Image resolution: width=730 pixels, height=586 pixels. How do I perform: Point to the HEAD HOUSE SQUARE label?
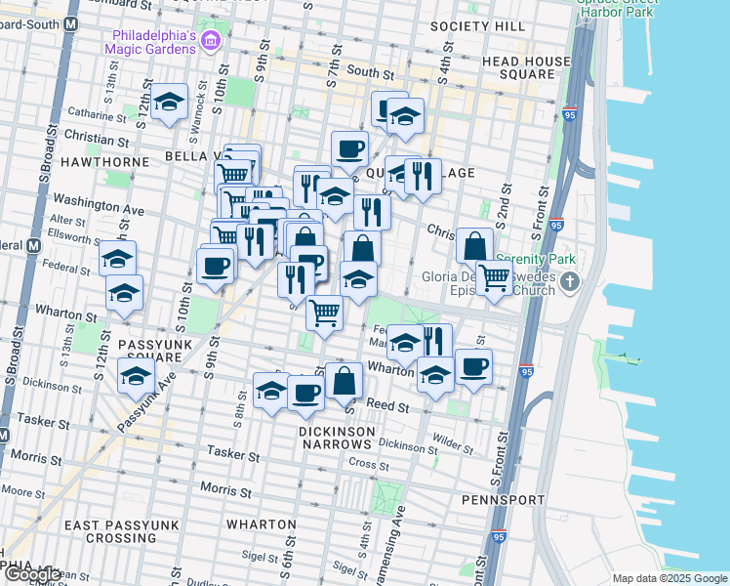pos(533,67)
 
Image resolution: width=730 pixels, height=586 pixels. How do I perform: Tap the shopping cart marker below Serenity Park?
pos(494,276)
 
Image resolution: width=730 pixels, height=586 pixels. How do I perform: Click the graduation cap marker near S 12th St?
pos(169,102)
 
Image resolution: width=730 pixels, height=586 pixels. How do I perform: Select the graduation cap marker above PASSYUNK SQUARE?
pos(124,293)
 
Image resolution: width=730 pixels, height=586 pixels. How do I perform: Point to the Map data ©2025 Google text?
pos(669,578)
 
